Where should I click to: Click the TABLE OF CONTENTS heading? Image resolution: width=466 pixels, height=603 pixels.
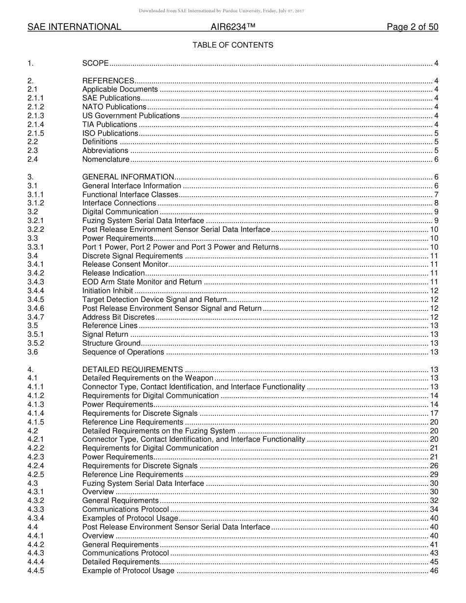[x=233, y=45]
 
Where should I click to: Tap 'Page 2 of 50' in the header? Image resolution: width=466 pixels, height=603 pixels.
[x=412, y=27]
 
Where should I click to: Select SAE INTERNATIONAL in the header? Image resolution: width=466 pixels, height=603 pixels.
[x=74, y=27]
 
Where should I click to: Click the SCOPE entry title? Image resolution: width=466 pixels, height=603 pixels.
[x=95, y=63]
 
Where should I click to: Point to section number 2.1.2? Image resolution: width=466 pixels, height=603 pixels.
[x=36, y=107]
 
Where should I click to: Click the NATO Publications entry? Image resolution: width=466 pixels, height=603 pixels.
[x=114, y=107]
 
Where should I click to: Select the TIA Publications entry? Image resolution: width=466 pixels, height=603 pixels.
[x=109, y=125]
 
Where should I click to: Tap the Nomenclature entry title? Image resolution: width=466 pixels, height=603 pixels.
[x=105, y=159]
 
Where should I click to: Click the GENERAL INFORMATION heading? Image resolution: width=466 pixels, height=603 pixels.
[x=128, y=177]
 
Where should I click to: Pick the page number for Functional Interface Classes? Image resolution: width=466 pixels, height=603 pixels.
[x=436, y=195]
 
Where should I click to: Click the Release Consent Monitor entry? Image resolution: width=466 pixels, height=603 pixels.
[x=125, y=265]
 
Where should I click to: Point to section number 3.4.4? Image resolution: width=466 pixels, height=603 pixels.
[x=36, y=291]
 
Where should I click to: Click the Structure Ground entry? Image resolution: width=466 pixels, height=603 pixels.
[x=111, y=343]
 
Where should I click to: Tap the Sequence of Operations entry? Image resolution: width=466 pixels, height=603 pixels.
[x=123, y=352]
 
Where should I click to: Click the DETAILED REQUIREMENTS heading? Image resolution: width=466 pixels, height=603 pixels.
[x=132, y=370]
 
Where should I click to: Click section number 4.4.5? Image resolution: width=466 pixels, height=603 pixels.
[x=36, y=571]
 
